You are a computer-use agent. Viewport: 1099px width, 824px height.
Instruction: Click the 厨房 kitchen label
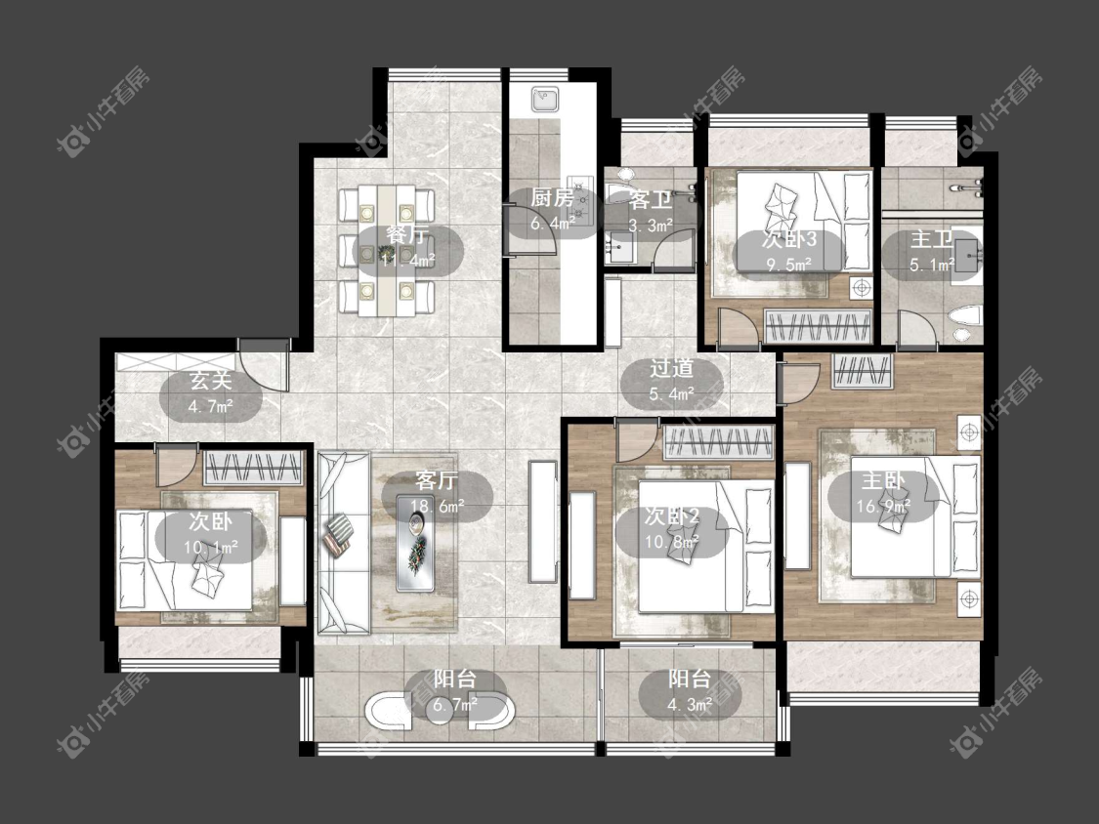[x=552, y=198]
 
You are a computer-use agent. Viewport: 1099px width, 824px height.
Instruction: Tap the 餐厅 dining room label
[x=407, y=234]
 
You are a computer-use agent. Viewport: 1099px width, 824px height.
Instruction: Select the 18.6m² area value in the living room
[x=438, y=505]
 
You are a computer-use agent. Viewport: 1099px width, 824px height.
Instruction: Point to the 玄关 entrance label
[x=210, y=381]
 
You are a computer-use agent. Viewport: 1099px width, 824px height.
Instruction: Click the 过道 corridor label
[x=671, y=369]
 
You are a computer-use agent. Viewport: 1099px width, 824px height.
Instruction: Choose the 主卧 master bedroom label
[x=883, y=480]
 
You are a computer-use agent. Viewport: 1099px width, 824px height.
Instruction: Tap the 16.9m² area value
[x=883, y=506]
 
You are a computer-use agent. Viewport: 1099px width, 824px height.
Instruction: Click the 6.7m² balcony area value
[x=455, y=704]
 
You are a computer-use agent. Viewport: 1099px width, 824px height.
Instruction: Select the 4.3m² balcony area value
[x=690, y=704]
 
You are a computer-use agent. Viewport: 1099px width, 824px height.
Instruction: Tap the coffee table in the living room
[x=419, y=542]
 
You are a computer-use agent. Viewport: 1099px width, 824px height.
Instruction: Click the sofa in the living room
[x=344, y=543]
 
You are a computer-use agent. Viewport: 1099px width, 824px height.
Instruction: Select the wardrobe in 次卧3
[x=818, y=326]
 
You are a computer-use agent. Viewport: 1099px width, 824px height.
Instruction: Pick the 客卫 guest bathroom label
[x=650, y=200]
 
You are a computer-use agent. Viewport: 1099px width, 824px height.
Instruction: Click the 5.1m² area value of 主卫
[x=932, y=266]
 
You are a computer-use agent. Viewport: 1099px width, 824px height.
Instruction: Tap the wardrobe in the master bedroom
[x=863, y=371]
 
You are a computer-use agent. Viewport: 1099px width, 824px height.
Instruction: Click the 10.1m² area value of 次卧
[x=210, y=548]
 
